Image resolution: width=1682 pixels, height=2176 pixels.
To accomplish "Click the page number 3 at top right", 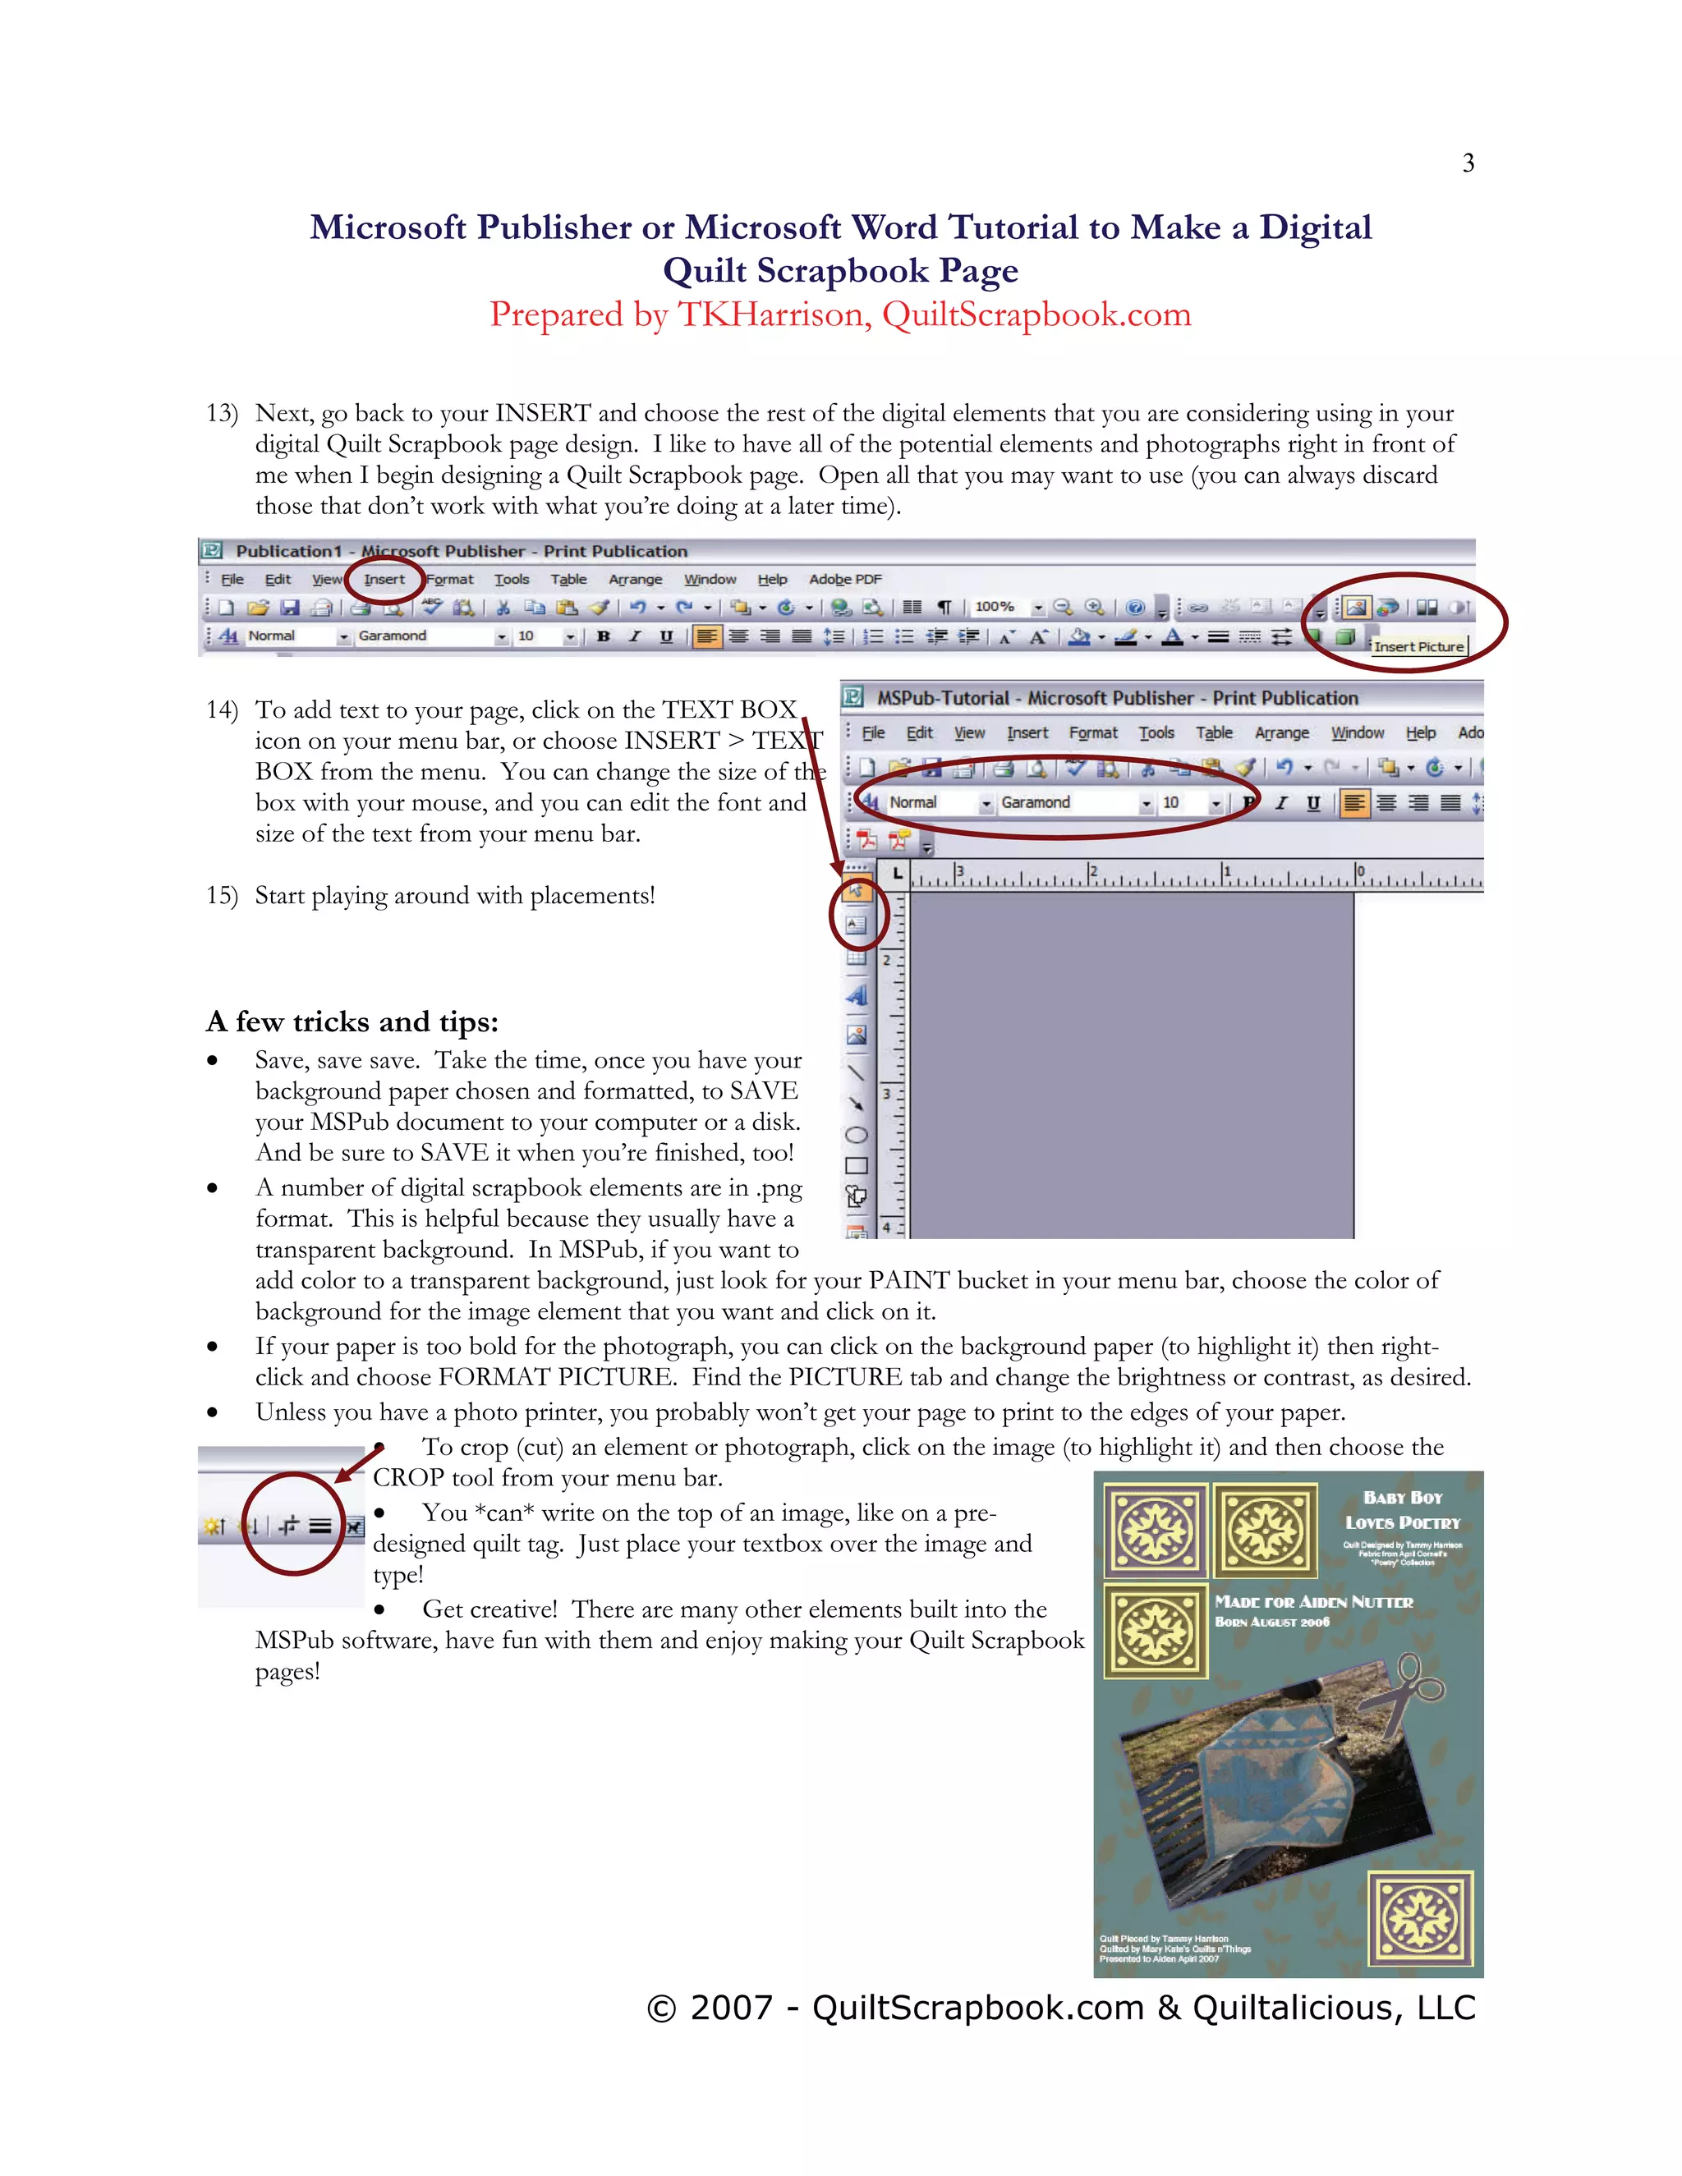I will tap(1468, 163).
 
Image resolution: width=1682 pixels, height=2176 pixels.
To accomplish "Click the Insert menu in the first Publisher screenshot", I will tap(384, 579).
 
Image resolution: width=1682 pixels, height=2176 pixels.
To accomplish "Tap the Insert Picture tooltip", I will tap(1418, 645).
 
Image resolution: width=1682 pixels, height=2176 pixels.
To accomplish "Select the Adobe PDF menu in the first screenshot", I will tap(845, 579).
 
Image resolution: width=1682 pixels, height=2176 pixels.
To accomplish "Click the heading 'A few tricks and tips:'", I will tap(352, 1021).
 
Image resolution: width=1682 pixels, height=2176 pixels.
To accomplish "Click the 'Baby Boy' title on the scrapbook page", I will tap(1402, 1498).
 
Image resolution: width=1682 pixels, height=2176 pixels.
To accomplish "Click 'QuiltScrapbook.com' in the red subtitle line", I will tap(1036, 314).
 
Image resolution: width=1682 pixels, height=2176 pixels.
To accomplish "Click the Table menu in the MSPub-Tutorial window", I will tap(1214, 733).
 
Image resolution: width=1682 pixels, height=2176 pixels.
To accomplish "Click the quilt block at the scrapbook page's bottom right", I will tap(1420, 1918).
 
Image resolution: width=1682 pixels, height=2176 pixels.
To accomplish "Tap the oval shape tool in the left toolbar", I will tap(856, 1135).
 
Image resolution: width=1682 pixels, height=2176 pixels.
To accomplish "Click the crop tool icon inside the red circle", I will tap(289, 1526).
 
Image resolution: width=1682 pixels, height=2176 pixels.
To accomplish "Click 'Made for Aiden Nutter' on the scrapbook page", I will tap(1313, 1602).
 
